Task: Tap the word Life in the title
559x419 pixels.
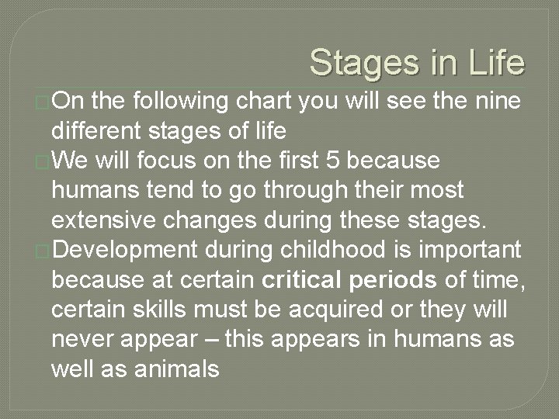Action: (x=495, y=63)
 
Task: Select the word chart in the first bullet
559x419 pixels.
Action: (x=260, y=100)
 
